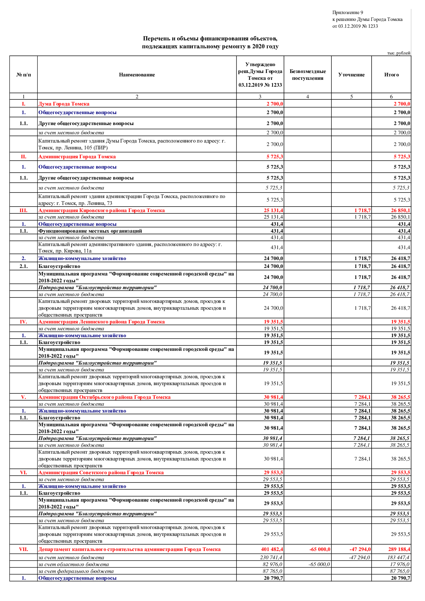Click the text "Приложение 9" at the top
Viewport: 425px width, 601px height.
[348, 13]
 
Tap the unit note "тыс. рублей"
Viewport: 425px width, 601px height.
[399, 53]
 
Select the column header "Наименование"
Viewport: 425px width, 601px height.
[137, 75]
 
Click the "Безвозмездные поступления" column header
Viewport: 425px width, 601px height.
[307, 75]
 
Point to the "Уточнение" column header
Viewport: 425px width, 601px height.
[351, 75]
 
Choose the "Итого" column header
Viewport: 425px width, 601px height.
[391, 75]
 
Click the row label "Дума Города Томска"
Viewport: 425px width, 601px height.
[64, 104]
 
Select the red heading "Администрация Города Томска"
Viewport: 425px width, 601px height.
[77, 157]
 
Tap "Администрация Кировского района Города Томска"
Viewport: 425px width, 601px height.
[101, 210]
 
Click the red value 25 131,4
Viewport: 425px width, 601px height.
[274, 210]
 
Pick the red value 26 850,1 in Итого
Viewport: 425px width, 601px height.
[401, 210]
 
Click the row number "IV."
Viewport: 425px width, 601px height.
[23, 322]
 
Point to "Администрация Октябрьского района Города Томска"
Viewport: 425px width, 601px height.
[104, 397]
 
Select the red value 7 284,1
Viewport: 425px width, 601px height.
[362, 397]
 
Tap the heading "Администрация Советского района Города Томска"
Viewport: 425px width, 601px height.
[101, 473]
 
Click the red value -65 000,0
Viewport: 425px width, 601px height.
[320, 549]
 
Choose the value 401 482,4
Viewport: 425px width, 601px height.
[272, 549]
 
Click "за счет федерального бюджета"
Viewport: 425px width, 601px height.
[76, 571]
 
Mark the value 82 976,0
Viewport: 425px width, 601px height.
[272, 564]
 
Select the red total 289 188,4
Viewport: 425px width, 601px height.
[399, 549]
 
